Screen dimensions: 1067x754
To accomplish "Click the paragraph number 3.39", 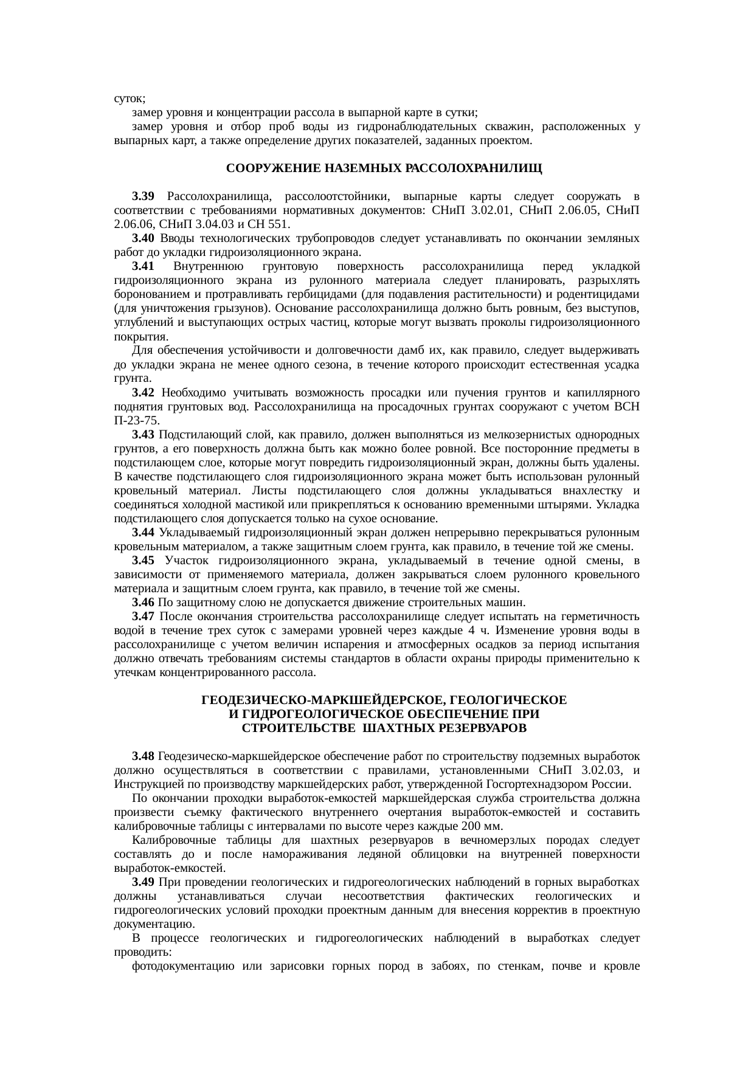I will (144, 196).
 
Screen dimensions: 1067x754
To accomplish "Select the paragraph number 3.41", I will (144, 266).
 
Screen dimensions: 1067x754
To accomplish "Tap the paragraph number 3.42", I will (144, 392).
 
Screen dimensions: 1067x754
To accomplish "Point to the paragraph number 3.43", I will (144, 434).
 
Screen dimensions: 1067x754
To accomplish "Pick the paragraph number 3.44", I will (144, 533).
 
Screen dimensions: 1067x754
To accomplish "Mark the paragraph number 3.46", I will (144, 603).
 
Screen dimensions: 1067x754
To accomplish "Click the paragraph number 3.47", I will (144, 616).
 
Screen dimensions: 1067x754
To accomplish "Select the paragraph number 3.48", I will (144, 756).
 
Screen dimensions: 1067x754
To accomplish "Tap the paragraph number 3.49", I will (144, 882).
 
